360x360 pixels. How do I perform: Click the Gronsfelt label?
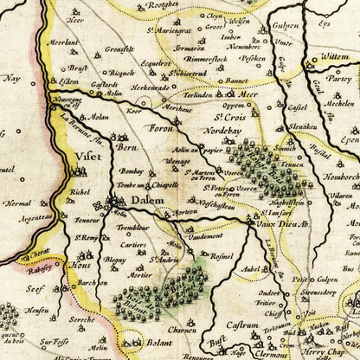point(119,49)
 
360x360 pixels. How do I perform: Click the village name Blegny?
point(115,259)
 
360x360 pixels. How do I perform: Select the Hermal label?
point(17,204)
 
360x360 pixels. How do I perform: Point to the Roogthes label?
point(173,6)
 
